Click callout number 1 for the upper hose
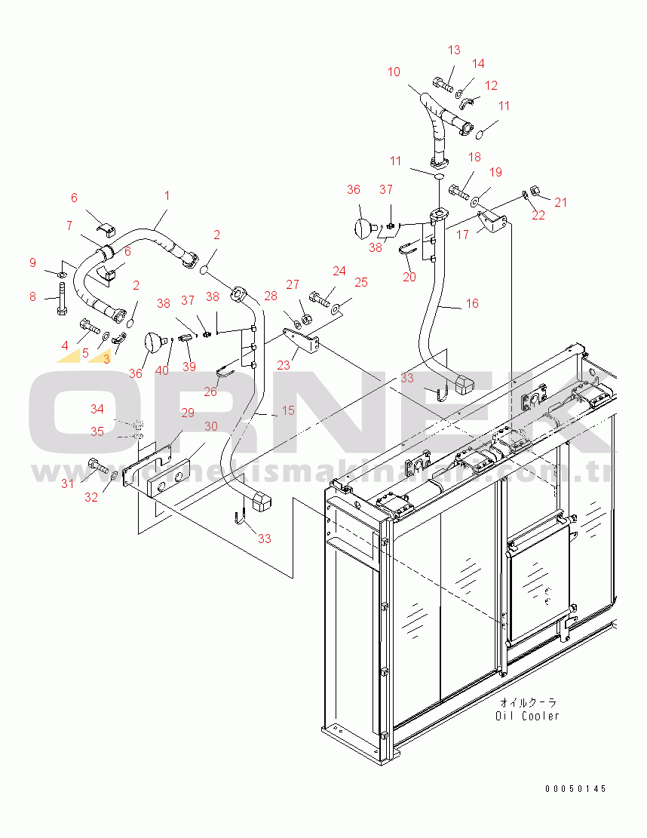coord(167,195)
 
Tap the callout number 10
coord(394,72)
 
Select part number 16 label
coord(472,303)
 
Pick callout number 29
coord(187,413)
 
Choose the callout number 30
coord(211,426)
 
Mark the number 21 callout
coord(560,201)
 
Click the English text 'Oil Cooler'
coord(528,715)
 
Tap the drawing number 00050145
coord(576,788)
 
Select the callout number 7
coord(69,226)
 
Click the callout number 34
coord(98,409)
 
